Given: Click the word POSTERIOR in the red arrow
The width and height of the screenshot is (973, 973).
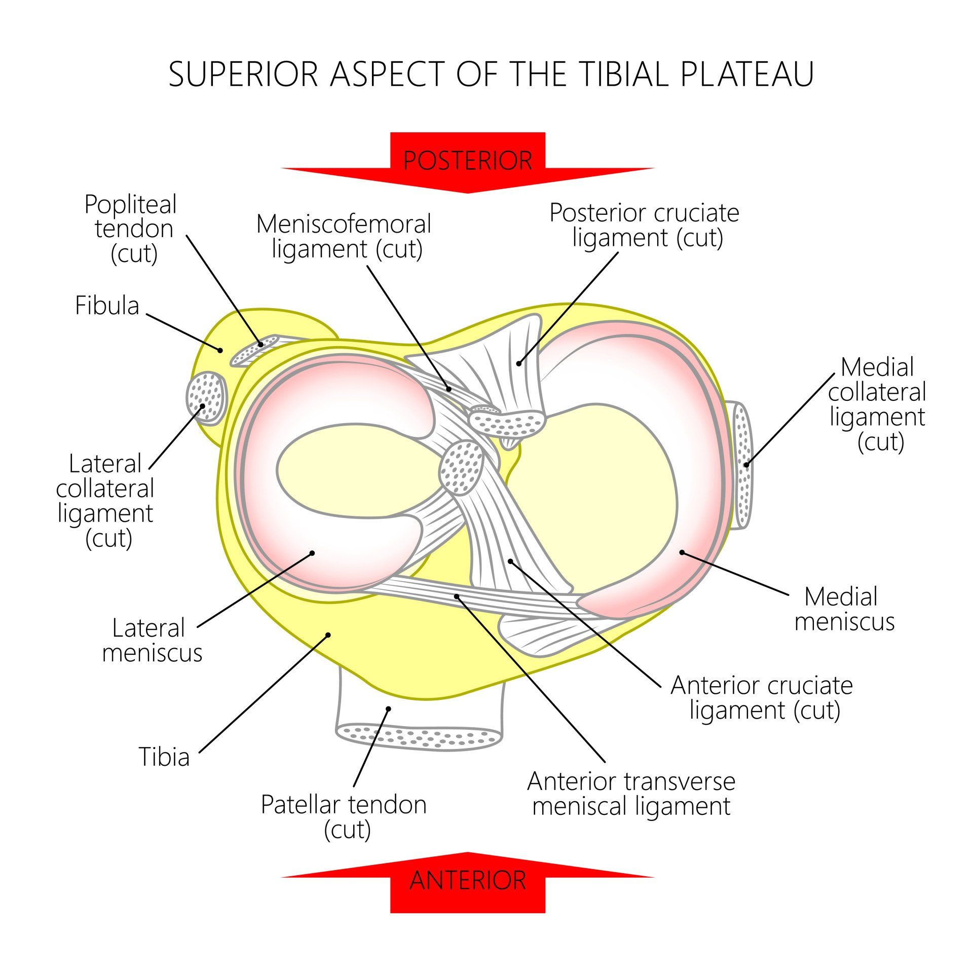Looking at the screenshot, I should pos(467,161).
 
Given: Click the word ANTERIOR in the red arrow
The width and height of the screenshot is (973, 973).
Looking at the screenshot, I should pos(467,880).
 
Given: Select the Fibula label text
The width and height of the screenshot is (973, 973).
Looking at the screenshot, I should pos(107,306).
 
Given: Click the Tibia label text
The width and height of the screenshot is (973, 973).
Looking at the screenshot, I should pos(164,757).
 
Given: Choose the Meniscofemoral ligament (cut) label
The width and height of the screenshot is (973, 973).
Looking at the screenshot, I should pos(345,237).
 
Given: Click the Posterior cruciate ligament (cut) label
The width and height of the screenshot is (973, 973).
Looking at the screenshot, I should pos(645,225).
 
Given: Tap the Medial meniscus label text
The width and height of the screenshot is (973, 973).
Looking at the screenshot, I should pos(844,609).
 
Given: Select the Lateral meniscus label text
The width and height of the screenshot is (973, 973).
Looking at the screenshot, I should pos(152,640).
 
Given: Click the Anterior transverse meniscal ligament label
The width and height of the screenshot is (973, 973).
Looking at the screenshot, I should pos(631,794).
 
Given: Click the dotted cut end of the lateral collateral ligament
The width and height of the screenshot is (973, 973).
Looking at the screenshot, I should pos(206,398).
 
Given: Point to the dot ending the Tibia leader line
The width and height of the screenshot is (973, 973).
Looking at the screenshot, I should pos(328,634).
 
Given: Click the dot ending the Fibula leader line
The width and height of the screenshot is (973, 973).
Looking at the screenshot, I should pos(220,350).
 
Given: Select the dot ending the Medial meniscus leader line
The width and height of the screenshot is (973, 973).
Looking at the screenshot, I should pos(682,552).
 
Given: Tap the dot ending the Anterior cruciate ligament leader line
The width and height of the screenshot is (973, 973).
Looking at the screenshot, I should pos(510,561).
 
